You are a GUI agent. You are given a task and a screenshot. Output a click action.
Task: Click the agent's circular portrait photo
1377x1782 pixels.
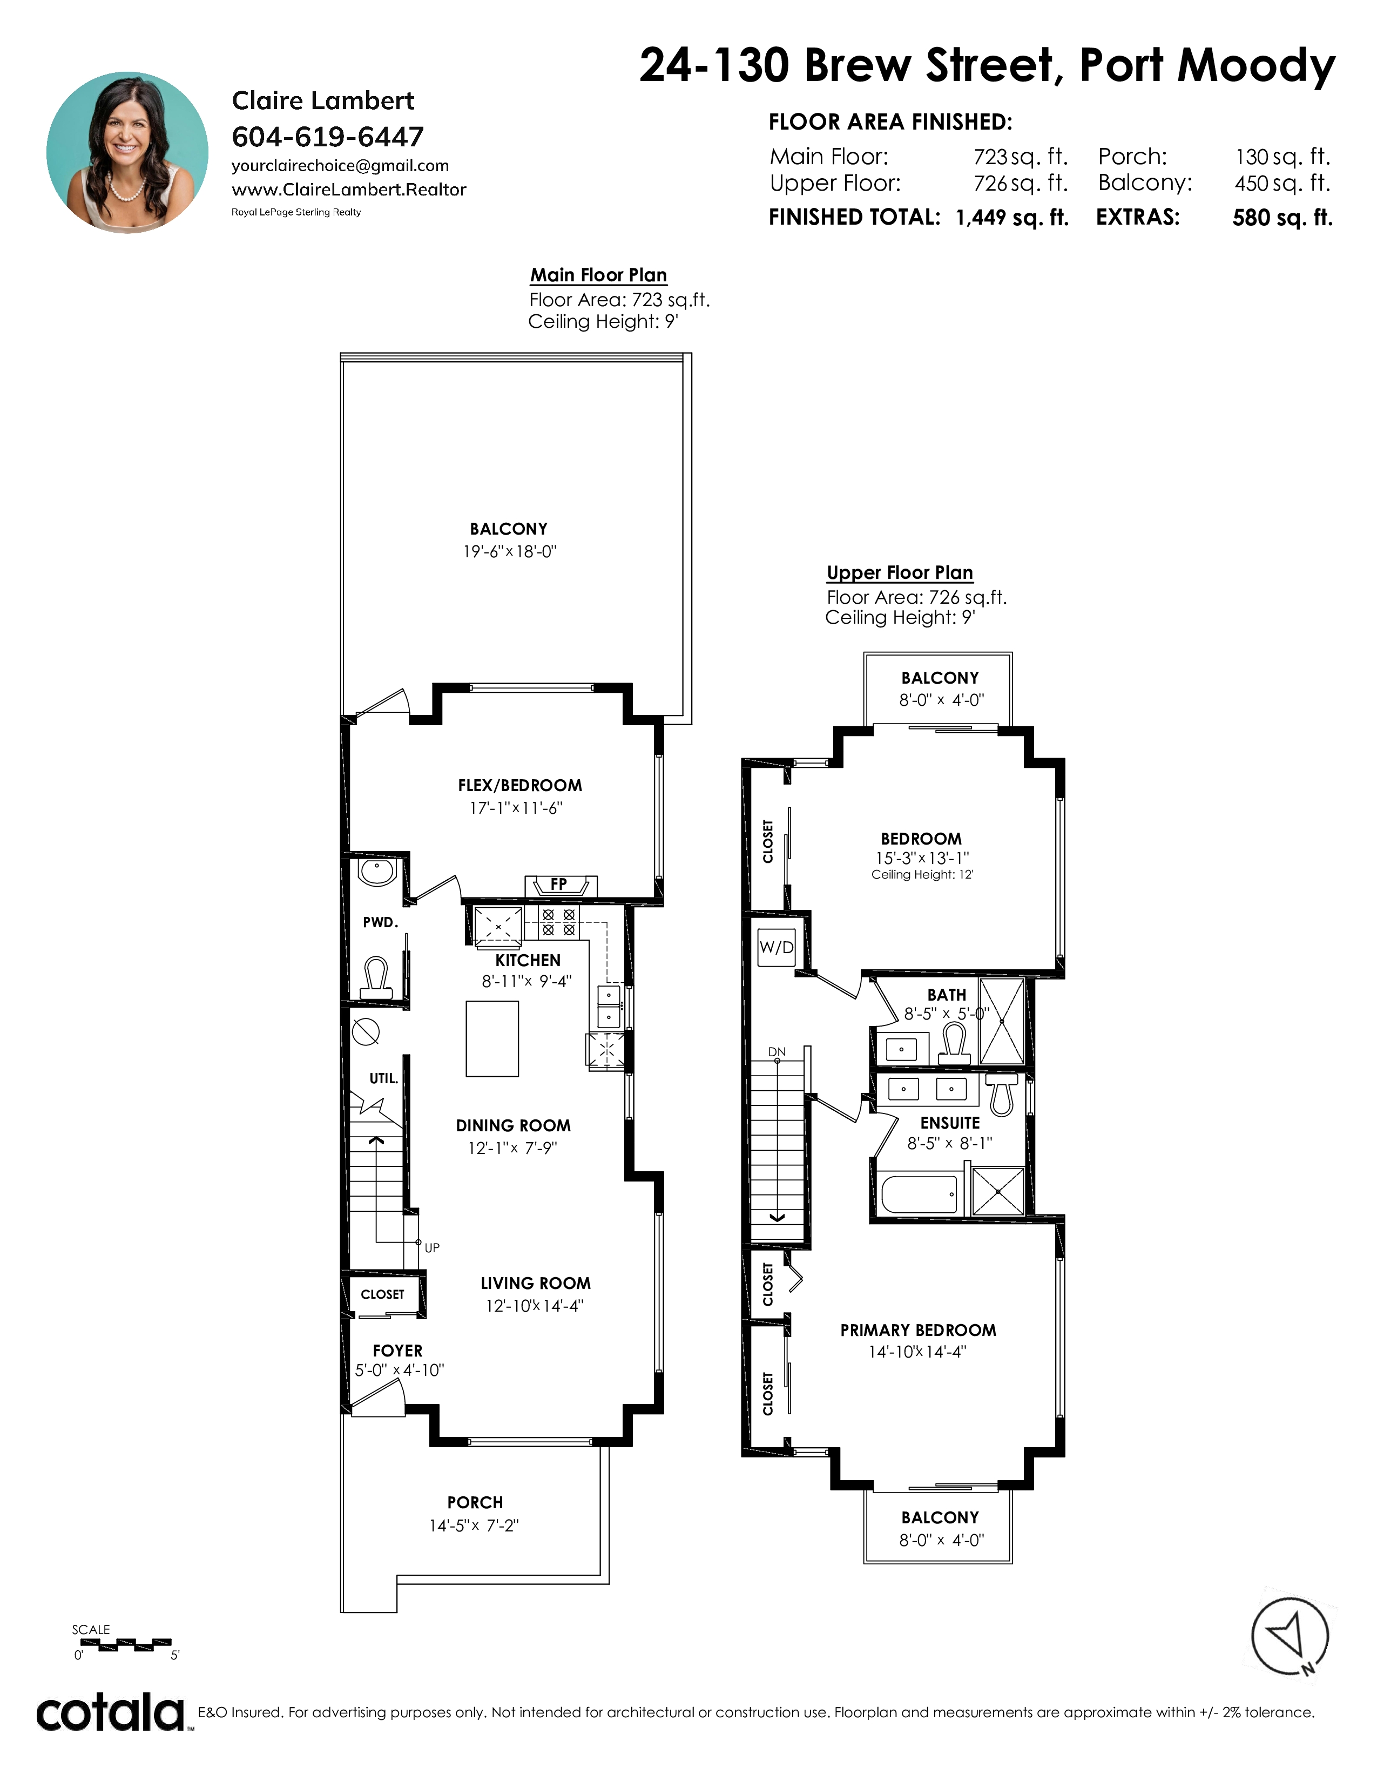(x=127, y=153)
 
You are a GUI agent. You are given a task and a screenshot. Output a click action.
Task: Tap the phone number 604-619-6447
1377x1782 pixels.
(x=328, y=136)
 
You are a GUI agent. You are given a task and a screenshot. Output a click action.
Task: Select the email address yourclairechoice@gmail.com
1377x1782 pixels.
(x=340, y=166)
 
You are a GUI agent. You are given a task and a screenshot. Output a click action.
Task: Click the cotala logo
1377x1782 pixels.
(x=110, y=1713)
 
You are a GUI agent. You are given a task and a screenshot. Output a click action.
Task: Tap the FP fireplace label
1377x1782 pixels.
(x=559, y=883)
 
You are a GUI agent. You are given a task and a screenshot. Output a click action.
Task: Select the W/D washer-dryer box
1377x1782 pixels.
(x=776, y=947)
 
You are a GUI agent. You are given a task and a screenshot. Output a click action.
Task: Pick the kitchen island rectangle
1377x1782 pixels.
(x=492, y=1038)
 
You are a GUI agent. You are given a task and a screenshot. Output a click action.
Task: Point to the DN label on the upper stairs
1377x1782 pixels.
(x=778, y=1052)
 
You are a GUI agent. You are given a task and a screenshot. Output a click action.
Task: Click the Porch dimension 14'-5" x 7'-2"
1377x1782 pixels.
(x=474, y=1525)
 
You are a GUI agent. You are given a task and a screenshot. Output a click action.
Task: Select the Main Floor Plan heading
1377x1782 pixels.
(x=599, y=275)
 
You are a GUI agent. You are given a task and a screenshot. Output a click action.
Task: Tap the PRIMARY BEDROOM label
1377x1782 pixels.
(x=919, y=1330)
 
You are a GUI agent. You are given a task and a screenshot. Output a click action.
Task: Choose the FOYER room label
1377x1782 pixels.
(x=397, y=1351)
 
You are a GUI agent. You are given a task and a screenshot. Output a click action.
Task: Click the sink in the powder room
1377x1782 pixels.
(x=377, y=872)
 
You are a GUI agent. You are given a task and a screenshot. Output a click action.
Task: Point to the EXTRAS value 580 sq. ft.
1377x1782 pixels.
(x=1282, y=218)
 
